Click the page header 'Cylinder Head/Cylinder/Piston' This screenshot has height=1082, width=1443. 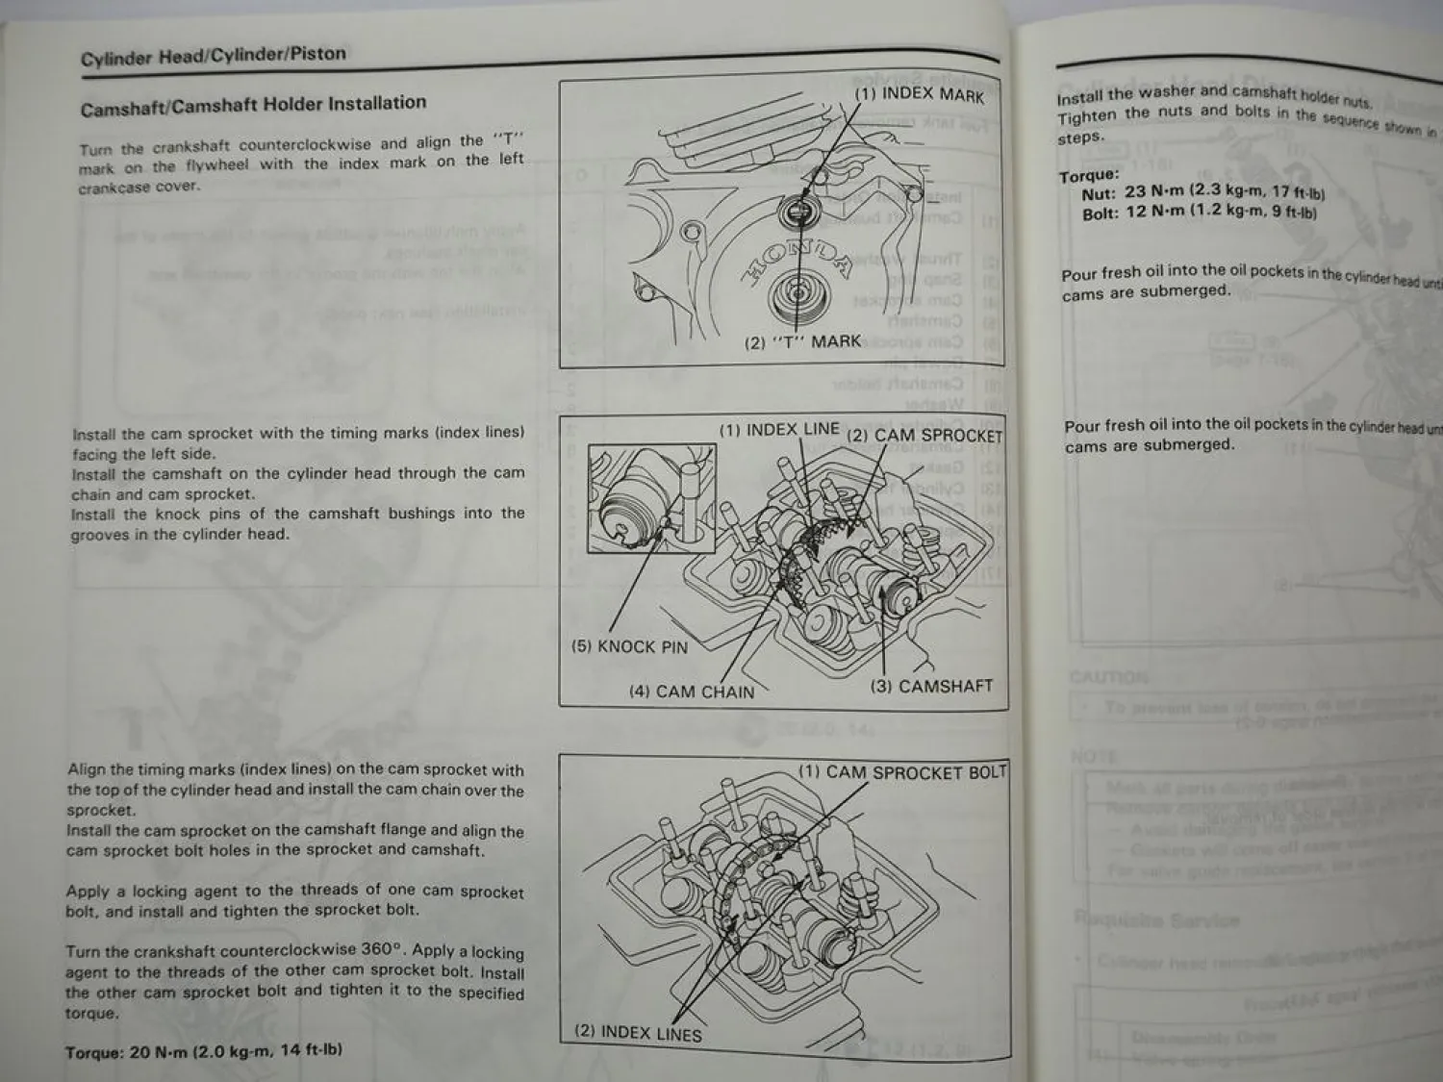(x=213, y=56)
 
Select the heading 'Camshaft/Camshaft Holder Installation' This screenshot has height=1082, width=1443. (x=253, y=105)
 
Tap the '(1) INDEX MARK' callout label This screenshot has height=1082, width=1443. (x=919, y=95)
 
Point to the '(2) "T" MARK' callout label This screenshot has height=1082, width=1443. (x=802, y=341)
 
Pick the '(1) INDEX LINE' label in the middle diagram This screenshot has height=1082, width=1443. (x=779, y=430)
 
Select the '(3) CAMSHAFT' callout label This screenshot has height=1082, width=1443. (x=930, y=686)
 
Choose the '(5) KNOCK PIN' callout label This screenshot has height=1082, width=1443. (x=629, y=646)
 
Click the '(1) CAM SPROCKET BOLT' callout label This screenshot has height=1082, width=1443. (x=901, y=772)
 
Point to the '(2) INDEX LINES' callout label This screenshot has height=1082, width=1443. (x=637, y=1032)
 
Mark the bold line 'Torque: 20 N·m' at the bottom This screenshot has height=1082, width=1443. (x=203, y=1051)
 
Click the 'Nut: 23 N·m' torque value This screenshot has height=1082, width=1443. (x=1202, y=192)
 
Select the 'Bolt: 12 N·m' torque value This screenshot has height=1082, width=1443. (x=1199, y=213)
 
